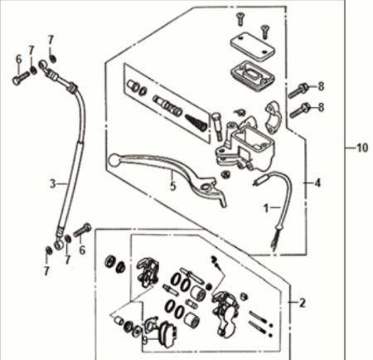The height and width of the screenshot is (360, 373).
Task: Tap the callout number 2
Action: tap(303, 303)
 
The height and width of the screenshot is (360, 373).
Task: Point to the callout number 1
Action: tap(267, 207)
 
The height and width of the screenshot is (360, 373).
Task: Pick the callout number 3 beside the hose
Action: tap(51, 182)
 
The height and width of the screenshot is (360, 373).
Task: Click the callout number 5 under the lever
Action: tap(172, 187)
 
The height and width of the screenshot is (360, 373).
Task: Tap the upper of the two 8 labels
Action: tap(322, 85)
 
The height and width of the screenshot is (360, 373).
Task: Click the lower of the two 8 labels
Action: tap(322, 107)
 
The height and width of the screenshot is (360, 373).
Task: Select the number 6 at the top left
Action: tap(17, 58)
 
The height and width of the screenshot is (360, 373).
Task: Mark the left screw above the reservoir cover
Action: tap(240, 19)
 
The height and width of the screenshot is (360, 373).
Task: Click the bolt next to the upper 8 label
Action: tap(298, 90)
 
